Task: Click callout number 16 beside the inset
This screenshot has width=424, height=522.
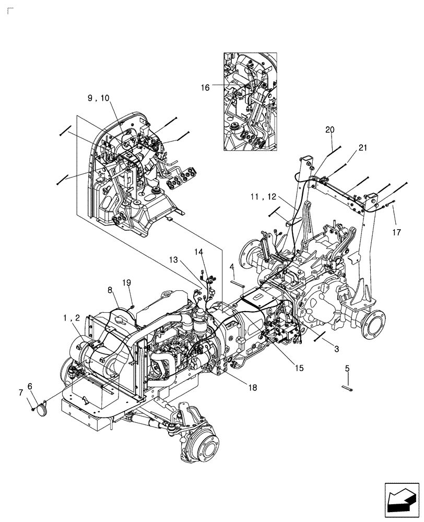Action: pos(205,88)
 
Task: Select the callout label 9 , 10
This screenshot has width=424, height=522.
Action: pos(99,98)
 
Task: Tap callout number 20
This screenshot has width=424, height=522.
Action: pos(330,129)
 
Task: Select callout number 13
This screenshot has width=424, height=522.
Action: pos(172,259)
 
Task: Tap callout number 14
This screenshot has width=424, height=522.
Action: pos(199,252)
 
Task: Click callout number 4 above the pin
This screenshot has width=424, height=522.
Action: pos(231,267)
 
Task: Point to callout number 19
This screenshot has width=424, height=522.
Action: pos(127,282)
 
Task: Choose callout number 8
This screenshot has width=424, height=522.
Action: pos(111,289)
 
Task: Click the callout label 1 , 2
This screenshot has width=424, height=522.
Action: pos(72,318)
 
